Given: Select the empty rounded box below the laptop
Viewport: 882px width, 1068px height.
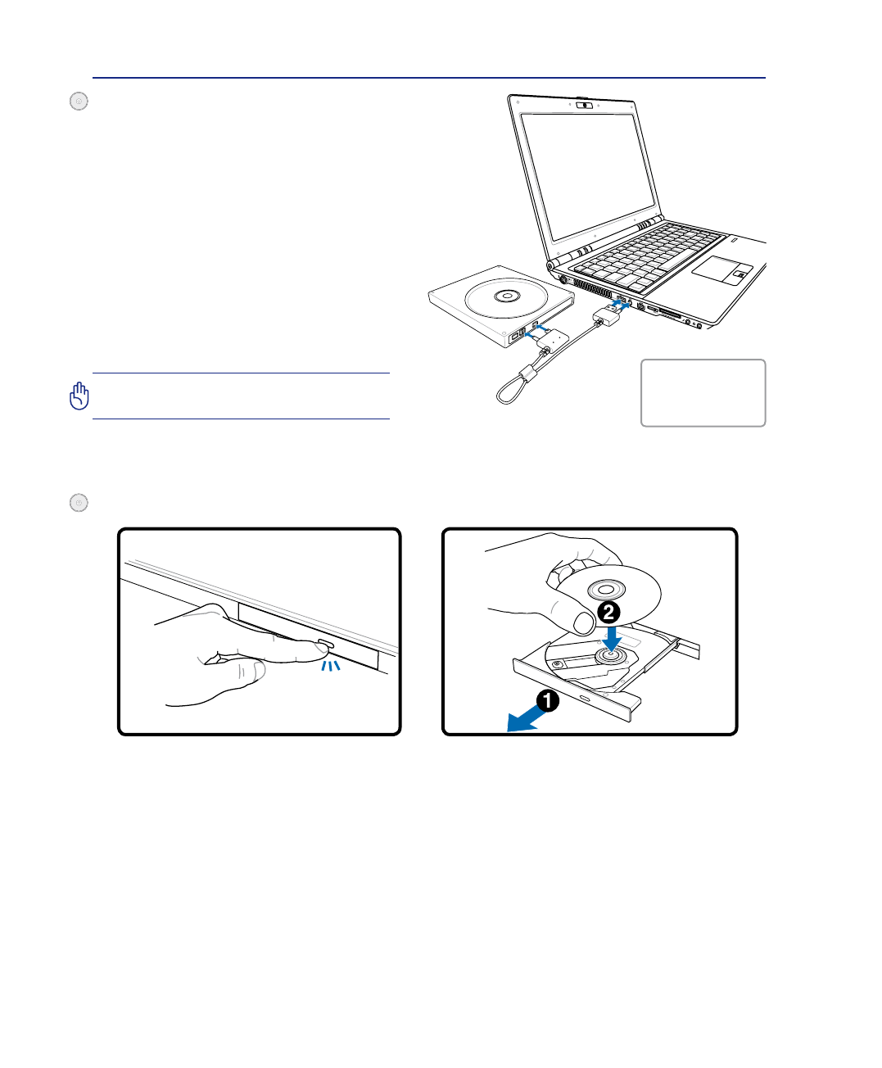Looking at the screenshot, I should (x=703, y=393).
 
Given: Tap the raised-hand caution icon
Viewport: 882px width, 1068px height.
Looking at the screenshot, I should (x=79, y=396).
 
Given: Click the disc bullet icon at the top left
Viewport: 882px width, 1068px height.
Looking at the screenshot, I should (x=79, y=102).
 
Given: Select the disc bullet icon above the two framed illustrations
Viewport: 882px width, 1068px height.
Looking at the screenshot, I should (x=79, y=503).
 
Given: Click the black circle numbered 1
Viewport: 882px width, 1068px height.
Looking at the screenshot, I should (x=548, y=700).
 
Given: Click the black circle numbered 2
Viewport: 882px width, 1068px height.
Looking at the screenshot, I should (x=608, y=612).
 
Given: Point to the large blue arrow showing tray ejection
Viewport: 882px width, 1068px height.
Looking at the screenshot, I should (x=525, y=718).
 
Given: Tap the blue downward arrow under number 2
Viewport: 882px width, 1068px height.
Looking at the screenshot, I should (x=611, y=637).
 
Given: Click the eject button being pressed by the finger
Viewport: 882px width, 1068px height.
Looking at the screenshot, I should (x=324, y=646).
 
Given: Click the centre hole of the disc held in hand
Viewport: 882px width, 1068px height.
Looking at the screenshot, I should (x=611, y=589).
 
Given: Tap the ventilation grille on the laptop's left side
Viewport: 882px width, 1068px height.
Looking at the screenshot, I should (x=592, y=289).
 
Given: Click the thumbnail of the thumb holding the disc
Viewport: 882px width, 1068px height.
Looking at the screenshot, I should (x=583, y=623).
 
